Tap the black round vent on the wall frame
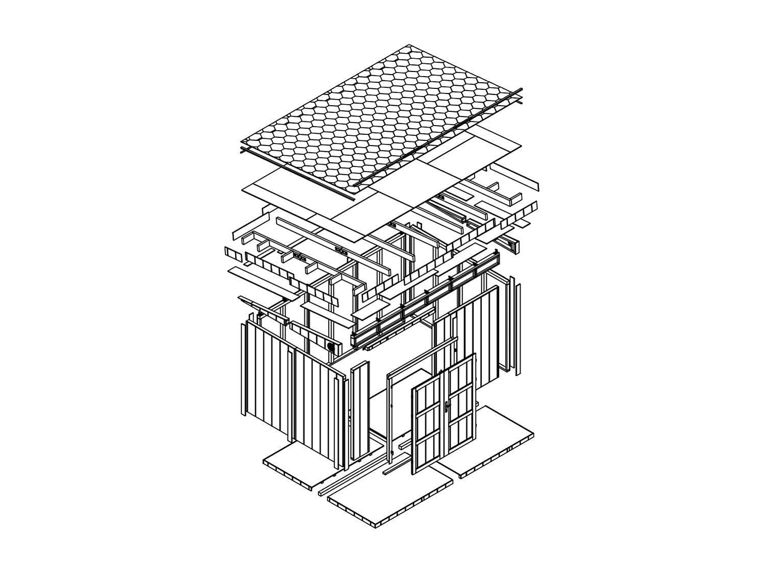331,347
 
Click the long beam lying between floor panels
352,473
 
